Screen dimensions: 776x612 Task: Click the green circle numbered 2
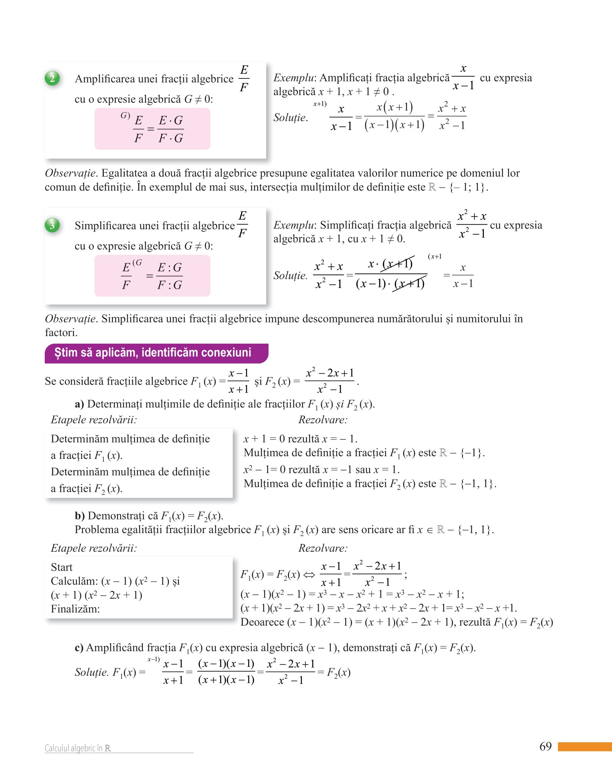[52, 78]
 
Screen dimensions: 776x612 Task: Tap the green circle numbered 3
[52, 225]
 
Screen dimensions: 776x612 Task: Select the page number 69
[545, 746]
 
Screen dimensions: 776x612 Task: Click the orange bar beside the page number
[585, 746]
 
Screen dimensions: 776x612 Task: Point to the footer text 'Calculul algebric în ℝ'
[78, 748]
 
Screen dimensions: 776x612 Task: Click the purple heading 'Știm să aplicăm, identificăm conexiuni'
[153, 353]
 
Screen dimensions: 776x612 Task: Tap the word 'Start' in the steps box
[61, 567]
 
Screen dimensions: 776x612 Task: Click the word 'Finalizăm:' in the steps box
[75, 609]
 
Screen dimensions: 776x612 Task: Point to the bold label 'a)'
[79, 404]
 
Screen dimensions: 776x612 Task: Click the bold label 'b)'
[80, 516]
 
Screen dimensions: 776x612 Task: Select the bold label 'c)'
[79, 648]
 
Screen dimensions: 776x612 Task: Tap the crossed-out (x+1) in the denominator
[409, 283]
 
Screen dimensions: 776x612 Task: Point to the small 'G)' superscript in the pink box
[125, 115]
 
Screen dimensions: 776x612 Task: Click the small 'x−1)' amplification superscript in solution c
[153, 660]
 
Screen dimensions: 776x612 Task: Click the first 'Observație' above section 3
[70, 173]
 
